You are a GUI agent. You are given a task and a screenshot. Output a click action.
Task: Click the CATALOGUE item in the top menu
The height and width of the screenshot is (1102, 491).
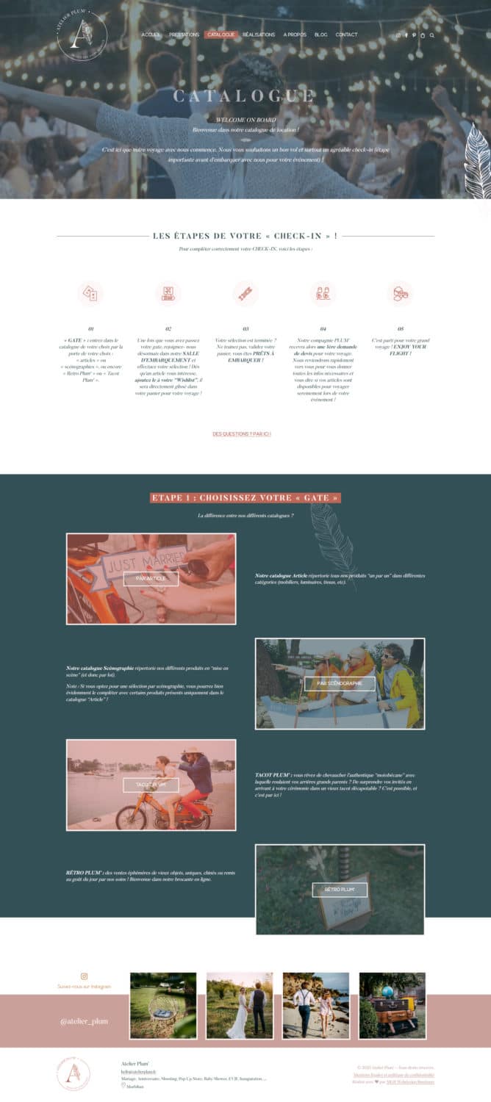(221, 35)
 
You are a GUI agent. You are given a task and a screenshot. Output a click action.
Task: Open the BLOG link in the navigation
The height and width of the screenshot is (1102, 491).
(320, 35)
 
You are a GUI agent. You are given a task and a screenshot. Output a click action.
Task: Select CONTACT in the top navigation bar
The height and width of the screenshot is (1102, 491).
(346, 35)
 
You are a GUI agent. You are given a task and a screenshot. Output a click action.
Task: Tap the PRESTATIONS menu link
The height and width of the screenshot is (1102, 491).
(184, 35)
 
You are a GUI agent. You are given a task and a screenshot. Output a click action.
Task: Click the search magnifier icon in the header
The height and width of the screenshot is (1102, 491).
(432, 35)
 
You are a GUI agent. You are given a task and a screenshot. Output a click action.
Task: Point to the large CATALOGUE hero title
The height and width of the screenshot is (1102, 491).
(245, 96)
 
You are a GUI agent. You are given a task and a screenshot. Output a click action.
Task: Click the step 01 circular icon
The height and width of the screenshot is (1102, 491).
(90, 293)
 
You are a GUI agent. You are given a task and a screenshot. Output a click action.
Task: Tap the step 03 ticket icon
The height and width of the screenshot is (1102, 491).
(246, 293)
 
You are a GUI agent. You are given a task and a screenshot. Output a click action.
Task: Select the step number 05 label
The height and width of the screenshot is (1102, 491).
(401, 329)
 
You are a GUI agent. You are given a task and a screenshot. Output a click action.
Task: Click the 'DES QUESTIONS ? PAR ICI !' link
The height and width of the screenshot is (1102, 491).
(242, 434)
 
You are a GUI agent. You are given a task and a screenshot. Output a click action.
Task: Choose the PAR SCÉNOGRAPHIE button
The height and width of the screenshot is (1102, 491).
(340, 683)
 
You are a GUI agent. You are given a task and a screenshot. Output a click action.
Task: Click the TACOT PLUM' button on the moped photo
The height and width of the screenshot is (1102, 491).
(151, 785)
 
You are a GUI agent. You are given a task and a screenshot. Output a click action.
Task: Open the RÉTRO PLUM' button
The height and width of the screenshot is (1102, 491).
(340, 890)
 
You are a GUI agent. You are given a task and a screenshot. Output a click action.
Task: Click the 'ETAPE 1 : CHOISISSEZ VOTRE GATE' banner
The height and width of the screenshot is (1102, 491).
(246, 498)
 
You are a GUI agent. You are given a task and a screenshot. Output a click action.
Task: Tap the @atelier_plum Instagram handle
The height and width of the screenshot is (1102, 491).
(84, 1021)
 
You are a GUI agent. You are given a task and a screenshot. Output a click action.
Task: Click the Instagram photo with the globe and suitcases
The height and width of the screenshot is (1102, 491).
(392, 1005)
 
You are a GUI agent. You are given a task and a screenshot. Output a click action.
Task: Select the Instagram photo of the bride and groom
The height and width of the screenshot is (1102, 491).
(239, 1005)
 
